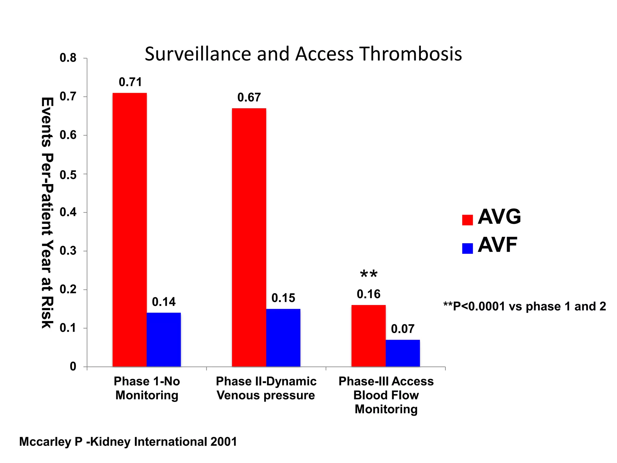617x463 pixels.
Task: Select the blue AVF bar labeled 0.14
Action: [x=164, y=340]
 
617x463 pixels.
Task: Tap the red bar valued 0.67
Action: [x=249, y=238]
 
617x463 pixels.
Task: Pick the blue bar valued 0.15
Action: [x=283, y=338]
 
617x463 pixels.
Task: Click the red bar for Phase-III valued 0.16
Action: [x=368, y=336]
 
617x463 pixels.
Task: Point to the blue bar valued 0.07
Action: [x=402, y=353]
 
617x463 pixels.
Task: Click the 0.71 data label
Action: [x=130, y=82]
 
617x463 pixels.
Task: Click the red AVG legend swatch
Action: [x=467, y=220]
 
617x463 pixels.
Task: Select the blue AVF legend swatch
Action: [x=467, y=248]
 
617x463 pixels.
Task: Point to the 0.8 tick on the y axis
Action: [x=68, y=58]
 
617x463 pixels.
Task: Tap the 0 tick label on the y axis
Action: [x=73, y=367]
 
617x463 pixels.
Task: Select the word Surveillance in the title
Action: [x=198, y=54]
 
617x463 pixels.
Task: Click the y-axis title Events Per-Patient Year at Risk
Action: [x=47, y=213]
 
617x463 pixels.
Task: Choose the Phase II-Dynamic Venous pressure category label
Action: [x=266, y=388]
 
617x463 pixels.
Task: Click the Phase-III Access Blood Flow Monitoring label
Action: [x=386, y=395]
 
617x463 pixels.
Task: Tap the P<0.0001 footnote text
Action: [x=525, y=306]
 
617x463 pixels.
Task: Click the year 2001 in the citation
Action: [x=224, y=442]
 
